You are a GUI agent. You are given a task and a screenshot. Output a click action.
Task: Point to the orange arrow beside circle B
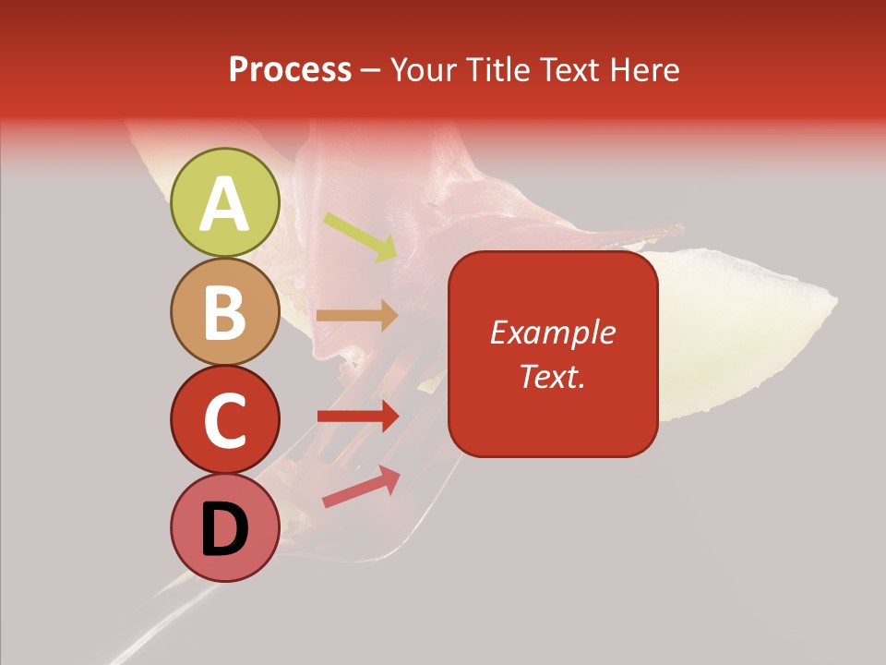point(357,315)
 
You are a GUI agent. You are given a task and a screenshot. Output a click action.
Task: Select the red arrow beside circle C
point(358,416)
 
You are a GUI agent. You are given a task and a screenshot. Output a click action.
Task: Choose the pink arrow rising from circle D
point(361,485)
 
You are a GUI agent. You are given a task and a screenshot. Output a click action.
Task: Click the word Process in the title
point(290,70)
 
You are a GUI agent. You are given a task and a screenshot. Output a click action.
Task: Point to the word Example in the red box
point(552,332)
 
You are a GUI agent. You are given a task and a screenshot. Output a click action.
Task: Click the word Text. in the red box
point(552,376)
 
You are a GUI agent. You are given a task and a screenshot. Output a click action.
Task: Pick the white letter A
point(225,203)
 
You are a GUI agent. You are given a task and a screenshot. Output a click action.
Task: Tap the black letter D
point(225,529)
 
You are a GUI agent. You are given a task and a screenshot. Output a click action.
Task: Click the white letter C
point(225,420)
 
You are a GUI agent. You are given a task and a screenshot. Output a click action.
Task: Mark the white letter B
point(225,312)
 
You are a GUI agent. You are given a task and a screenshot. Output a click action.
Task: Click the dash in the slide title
point(370,71)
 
